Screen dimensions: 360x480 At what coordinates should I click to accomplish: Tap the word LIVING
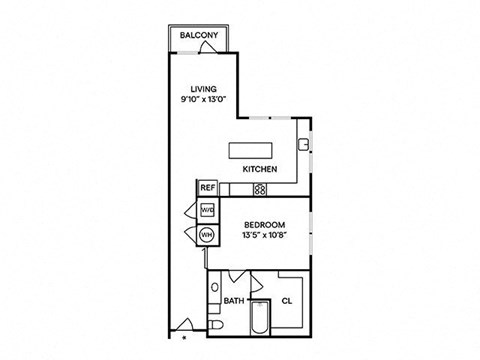pyautogui.click(x=203, y=88)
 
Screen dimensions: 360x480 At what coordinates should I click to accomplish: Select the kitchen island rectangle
pyautogui.click(x=259, y=150)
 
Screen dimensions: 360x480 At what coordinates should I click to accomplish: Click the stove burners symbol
pyautogui.click(x=259, y=188)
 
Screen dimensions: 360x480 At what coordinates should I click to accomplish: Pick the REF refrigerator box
pyautogui.click(x=207, y=187)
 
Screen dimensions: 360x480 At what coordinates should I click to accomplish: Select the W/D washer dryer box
pyautogui.click(x=207, y=210)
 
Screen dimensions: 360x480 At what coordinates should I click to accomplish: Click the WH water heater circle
pyautogui.click(x=207, y=235)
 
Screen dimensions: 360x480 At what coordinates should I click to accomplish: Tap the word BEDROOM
pyautogui.click(x=265, y=224)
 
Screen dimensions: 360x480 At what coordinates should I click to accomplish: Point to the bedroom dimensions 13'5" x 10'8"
pyautogui.click(x=265, y=235)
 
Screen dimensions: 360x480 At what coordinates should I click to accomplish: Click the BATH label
pyautogui.click(x=233, y=300)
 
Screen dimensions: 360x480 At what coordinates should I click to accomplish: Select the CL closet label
pyautogui.click(x=286, y=300)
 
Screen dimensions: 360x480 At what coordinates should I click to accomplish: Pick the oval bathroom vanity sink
pyautogui.click(x=214, y=293)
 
